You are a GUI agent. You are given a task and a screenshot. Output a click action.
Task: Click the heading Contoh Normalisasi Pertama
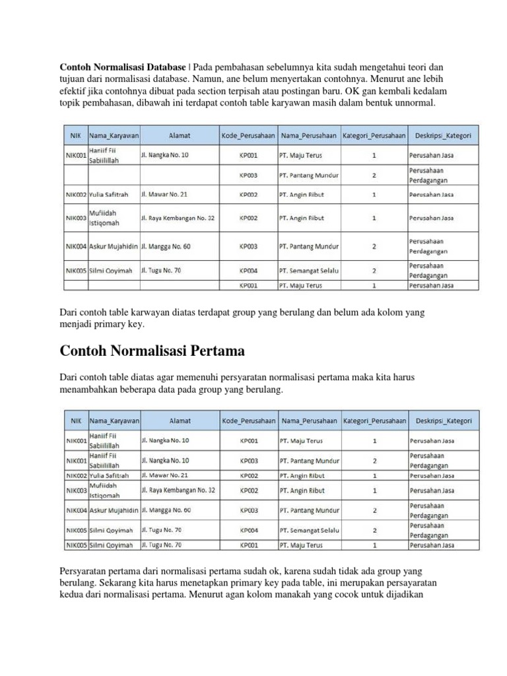tap(153, 349)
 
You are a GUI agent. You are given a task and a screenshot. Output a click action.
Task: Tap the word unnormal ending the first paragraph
tap(413, 105)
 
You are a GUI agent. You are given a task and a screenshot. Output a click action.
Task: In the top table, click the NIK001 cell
tap(75, 156)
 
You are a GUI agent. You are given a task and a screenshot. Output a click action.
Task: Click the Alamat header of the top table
tap(179, 135)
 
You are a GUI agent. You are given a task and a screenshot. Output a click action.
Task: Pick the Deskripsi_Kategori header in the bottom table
tap(443, 420)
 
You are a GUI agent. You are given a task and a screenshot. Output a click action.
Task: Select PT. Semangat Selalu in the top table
tap(308, 270)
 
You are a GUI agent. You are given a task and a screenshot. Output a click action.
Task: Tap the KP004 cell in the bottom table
tap(248, 530)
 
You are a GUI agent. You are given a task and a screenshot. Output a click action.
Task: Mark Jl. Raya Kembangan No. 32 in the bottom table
tap(178, 490)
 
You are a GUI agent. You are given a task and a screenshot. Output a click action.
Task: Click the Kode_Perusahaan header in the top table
tap(248, 135)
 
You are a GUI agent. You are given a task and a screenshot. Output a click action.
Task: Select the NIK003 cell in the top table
tap(75, 217)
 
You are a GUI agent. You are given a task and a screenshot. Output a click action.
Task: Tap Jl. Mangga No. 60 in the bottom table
tap(166, 510)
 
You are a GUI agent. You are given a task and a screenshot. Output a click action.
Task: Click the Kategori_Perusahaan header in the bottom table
tap(374, 420)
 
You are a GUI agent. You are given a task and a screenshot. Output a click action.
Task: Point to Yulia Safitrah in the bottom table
tap(109, 475)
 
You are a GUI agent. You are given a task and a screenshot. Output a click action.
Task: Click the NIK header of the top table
tap(75, 135)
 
